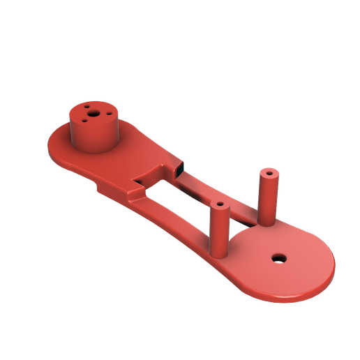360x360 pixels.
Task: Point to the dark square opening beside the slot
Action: point(179,168)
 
